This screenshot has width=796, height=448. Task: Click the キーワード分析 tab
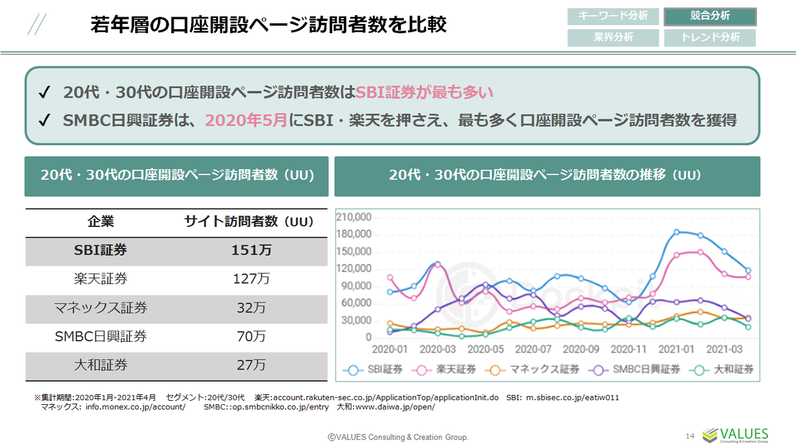click(x=613, y=16)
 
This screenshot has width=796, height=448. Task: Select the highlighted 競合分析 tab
click(x=710, y=16)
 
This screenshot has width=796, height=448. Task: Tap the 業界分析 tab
click(x=613, y=37)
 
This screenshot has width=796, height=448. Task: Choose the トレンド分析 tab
click(x=710, y=37)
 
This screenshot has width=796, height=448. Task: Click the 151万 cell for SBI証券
click(x=251, y=251)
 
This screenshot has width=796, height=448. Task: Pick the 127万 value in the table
click(x=251, y=279)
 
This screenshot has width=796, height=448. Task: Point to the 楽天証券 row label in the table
click(x=101, y=279)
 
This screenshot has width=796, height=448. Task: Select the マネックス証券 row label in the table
click(x=101, y=308)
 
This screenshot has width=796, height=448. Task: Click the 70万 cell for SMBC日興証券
click(x=251, y=336)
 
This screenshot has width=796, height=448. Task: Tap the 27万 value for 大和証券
click(x=251, y=365)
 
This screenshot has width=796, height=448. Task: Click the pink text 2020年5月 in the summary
click(x=246, y=121)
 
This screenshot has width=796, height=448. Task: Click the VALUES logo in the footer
click(x=736, y=435)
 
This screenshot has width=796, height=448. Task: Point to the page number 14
click(x=689, y=436)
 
